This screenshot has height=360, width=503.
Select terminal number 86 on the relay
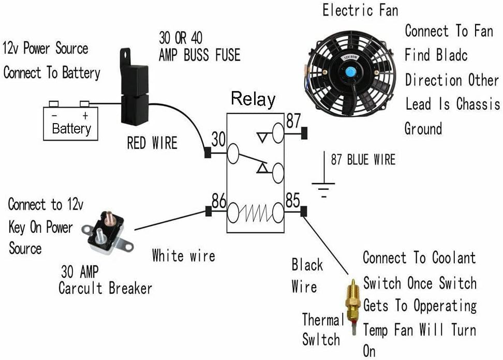click(219, 201)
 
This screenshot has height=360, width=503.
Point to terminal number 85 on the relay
click(292, 200)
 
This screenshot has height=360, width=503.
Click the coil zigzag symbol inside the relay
click(256, 213)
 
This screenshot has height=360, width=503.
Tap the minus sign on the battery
click(54, 115)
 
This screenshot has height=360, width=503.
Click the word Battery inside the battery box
click(71, 129)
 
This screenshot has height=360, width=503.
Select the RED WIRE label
click(152, 143)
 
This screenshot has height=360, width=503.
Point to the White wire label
click(184, 256)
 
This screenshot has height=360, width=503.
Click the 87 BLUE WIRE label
click(363, 160)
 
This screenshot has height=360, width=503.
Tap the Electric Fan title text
click(360, 10)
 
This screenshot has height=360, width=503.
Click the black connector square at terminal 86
click(208, 211)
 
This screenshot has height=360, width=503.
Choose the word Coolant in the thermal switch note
click(454, 258)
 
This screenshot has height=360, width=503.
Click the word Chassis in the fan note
click(478, 104)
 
